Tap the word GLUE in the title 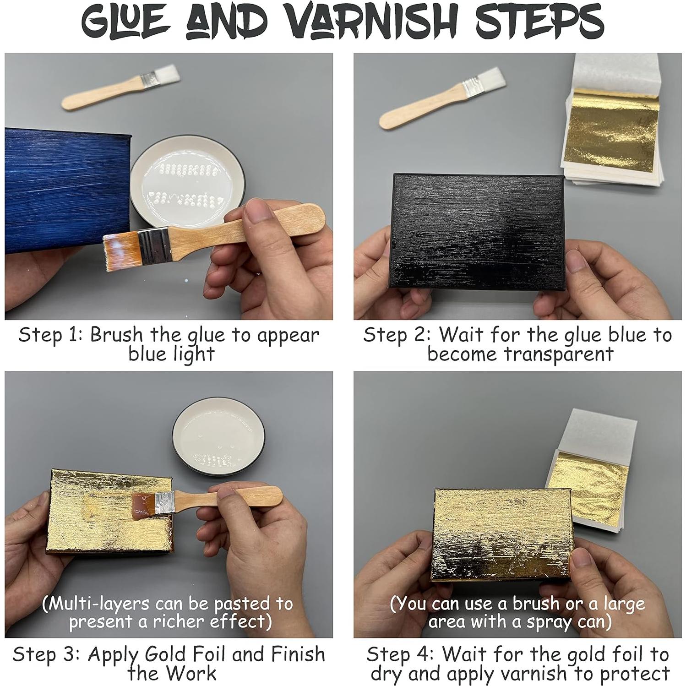126,21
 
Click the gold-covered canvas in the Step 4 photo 501,534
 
